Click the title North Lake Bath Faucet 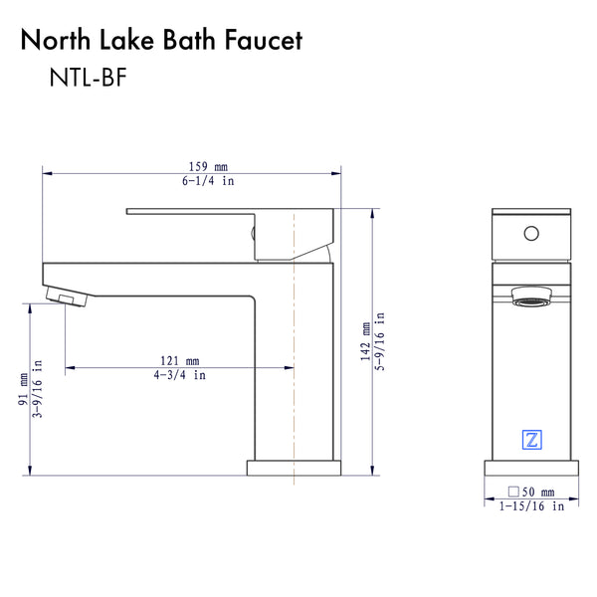coord(161,41)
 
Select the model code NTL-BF coord(89,81)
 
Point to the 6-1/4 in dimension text coord(207,181)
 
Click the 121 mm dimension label coord(180,360)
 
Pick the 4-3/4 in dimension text coord(180,375)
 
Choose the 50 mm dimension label coord(538,492)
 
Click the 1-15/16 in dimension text coord(531,506)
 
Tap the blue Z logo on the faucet coord(530,438)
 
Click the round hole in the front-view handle coord(530,234)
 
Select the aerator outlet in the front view coord(530,297)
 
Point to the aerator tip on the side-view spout coord(67,298)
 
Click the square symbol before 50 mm coord(512,492)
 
